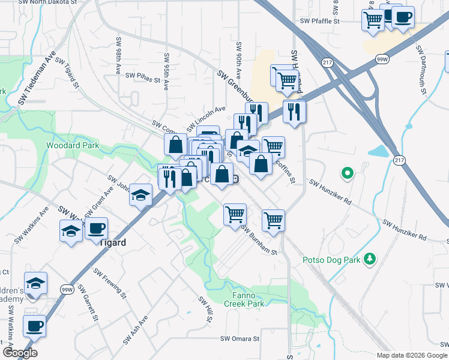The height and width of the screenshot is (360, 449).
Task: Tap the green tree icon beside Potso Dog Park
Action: click(372, 259)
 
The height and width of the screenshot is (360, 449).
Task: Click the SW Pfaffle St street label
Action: click(320, 21)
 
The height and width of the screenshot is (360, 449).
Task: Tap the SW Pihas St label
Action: click(143, 76)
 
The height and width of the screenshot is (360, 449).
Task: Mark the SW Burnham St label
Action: click(259, 239)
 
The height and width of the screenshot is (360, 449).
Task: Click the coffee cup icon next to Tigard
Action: click(96, 229)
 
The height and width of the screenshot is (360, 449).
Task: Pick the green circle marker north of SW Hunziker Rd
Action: click(346, 174)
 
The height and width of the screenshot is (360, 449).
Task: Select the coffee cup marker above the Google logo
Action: click(34, 326)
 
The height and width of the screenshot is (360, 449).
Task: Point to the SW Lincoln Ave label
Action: click(206, 113)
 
